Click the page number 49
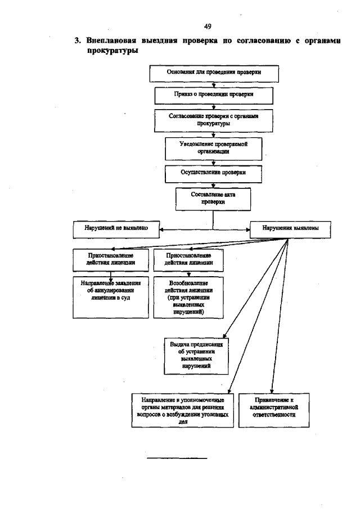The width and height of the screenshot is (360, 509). (x=208, y=26)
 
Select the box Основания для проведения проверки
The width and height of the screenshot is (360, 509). (x=213, y=73)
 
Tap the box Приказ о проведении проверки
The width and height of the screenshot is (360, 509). (x=213, y=95)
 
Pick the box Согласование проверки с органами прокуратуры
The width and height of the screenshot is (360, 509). (x=213, y=119)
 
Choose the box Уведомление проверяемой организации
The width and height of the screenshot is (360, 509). (x=213, y=147)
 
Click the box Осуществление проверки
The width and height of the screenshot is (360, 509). (x=213, y=173)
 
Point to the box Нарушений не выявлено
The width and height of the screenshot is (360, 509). (x=116, y=229)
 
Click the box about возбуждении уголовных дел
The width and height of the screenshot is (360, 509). (x=182, y=409)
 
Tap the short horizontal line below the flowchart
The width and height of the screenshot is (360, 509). (x=177, y=458)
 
